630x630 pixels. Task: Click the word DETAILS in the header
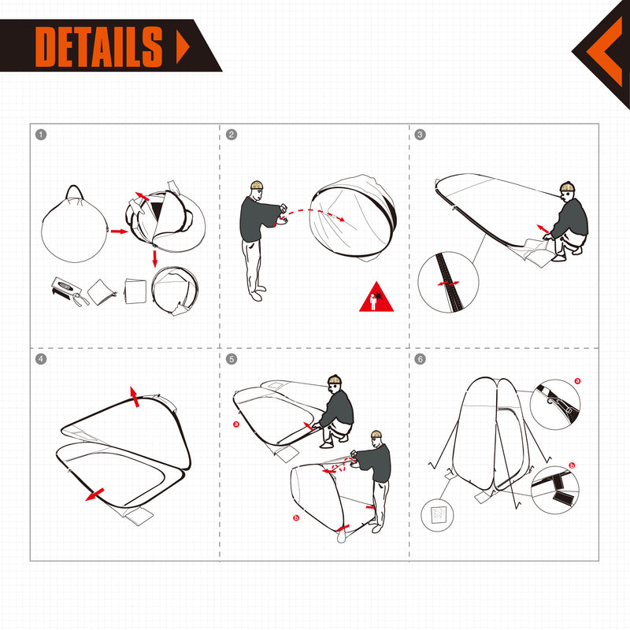(x=99, y=46)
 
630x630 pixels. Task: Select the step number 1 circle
(x=41, y=135)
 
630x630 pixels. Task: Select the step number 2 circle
(x=231, y=135)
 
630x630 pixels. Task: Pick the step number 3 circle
(x=420, y=135)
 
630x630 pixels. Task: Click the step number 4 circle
(x=41, y=359)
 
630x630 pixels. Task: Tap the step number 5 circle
(x=231, y=359)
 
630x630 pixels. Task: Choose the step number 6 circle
(x=420, y=359)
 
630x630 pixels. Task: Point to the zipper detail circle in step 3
(x=448, y=282)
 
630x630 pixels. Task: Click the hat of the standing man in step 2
(x=255, y=185)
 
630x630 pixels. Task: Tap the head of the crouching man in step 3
(x=567, y=189)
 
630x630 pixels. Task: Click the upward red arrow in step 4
(x=135, y=396)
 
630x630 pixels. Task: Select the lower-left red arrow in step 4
(x=95, y=494)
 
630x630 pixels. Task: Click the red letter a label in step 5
(x=235, y=424)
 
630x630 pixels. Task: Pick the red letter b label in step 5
(x=294, y=518)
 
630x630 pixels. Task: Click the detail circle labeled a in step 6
(x=554, y=402)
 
